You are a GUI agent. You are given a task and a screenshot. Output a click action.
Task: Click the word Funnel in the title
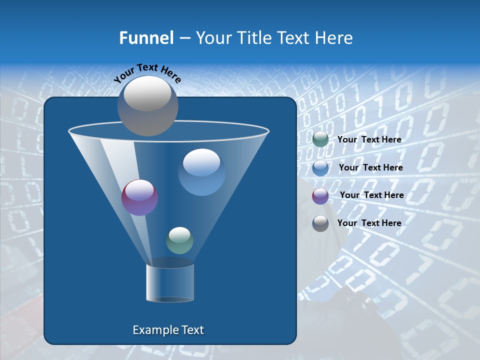click(x=146, y=38)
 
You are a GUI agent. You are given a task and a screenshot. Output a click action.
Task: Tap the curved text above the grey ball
click(x=147, y=73)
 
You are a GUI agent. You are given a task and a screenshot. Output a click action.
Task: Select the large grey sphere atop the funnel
click(x=148, y=106)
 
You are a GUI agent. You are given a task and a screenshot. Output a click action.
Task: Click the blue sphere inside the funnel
click(x=201, y=172)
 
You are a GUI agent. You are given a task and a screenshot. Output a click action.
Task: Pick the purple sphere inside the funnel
click(x=140, y=197)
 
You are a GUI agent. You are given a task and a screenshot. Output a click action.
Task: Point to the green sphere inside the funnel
click(x=179, y=240)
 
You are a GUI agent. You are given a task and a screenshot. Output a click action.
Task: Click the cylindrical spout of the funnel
click(x=170, y=282)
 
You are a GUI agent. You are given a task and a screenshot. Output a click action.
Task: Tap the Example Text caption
click(x=168, y=330)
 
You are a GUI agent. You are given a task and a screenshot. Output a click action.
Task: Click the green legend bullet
click(x=320, y=139)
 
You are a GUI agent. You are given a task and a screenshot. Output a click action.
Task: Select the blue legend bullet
click(x=320, y=167)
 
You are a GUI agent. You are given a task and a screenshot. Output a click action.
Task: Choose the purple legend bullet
click(x=320, y=195)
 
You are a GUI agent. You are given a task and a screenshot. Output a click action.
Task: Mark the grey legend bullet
click(x=320, y=223)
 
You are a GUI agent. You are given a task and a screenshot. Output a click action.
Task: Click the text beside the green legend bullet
click(x=369, y=140)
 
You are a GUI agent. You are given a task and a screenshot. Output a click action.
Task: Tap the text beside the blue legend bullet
click(x=370, y=168)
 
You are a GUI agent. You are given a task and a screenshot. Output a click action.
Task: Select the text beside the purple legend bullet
click(x=371, y=195)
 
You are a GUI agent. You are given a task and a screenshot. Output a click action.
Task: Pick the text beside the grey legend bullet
click(x=369, y=223)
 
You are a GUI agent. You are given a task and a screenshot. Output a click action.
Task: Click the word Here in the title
click(x=334, y=38)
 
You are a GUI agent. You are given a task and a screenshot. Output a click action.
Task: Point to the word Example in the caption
click(x=152, y=330)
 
